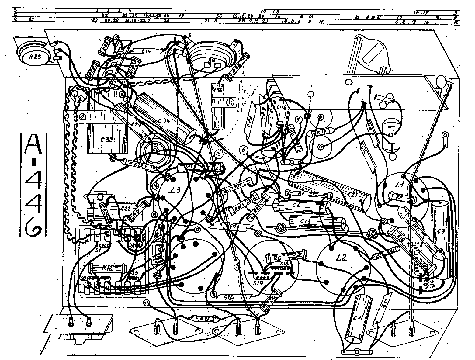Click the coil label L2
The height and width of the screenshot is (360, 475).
[342, 258]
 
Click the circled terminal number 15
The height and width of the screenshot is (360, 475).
[218, 154]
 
